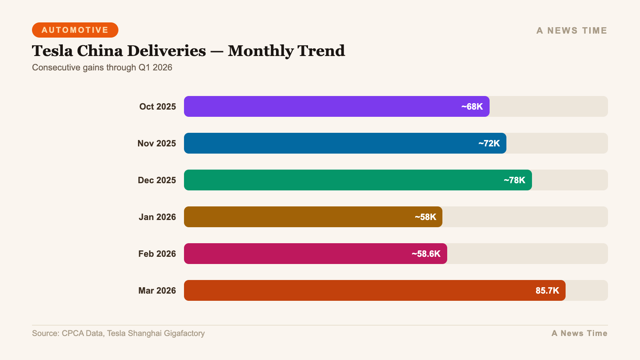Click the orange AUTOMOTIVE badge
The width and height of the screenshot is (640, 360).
[x=75, y=30]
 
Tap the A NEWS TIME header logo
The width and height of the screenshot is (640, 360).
[x=572, y=30]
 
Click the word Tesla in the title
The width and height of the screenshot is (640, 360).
[x=52, y=51]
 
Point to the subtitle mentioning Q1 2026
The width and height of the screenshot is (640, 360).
[x=102, y=67]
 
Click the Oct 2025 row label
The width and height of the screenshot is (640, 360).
[x=158, y=106]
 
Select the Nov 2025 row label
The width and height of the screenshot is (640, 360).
[x=157, y=143]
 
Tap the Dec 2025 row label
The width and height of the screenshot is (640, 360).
[x=157, y=180]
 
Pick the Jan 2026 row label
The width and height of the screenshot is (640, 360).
[x=157, y=217]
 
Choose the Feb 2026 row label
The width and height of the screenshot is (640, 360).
[x=157, y=254]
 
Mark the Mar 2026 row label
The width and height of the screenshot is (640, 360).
[x=157, y=290]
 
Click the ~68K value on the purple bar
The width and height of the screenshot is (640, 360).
[x=472, y=106]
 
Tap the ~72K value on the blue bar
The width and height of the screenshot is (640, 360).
[x=489, y=143]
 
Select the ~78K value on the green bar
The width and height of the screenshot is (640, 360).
[x=514, y=180]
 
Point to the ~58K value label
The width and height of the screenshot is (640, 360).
[x=425, y=217]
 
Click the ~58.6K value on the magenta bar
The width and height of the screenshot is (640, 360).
[x=426, y=254]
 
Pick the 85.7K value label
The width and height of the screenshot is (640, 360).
[x=547, y=290]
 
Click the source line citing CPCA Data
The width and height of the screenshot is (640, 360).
[x=118, y=333]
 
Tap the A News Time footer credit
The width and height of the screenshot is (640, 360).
[x=579, y=333]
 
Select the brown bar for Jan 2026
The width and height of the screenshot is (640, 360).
[x=296, y=217]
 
